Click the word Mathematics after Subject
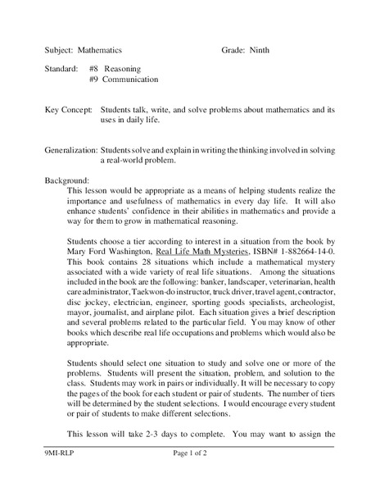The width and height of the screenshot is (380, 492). (x=102, y=50)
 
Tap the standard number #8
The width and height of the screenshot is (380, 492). (x=94, y=69)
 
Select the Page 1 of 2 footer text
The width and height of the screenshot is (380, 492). (x=192, y=476)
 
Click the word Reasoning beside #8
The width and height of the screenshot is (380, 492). (x=123, y=69)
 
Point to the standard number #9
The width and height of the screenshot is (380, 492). (x=94, y=80)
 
